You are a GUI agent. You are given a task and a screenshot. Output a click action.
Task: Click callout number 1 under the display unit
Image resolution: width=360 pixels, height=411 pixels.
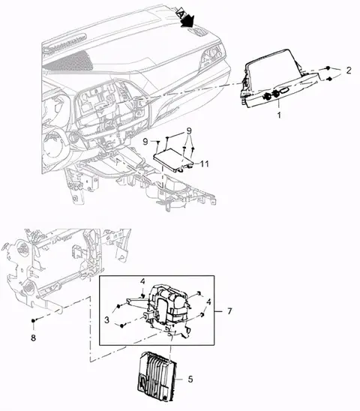pos(279,115)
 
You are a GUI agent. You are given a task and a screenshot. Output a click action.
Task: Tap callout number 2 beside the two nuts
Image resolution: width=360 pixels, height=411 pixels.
pos(348,70)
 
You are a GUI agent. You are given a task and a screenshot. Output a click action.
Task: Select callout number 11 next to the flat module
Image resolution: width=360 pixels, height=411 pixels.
pos(204,163)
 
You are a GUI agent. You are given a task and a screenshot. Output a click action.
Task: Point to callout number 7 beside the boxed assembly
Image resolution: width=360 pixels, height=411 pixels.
pos(229,311)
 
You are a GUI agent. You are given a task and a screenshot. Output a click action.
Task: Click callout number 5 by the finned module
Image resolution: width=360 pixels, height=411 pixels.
pos(190,379)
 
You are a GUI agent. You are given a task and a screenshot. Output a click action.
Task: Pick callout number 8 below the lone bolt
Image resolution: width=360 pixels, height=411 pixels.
pos(33,337)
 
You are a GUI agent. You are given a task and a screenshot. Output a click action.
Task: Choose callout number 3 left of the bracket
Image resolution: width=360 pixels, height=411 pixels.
pos(106,319)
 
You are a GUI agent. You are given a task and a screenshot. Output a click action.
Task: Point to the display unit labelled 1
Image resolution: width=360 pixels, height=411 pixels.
pos(278,78)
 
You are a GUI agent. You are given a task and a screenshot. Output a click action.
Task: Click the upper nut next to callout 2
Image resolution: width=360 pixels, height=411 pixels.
pos(328,68)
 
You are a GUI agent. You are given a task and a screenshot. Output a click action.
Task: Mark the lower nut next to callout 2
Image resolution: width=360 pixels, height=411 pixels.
pos(330,79)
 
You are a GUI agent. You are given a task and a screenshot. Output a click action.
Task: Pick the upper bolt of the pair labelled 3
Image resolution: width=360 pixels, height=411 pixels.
pos(118,306)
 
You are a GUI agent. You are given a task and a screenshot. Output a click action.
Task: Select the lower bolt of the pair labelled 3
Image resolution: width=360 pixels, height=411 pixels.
pos(122,325)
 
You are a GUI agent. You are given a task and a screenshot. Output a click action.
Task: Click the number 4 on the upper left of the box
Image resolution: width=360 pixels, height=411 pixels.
pos(142,281)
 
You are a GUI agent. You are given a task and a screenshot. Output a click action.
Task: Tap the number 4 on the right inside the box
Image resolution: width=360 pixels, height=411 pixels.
pos(208,302)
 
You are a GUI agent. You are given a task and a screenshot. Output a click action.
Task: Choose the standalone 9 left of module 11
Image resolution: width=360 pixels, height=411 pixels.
pos(145,142)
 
